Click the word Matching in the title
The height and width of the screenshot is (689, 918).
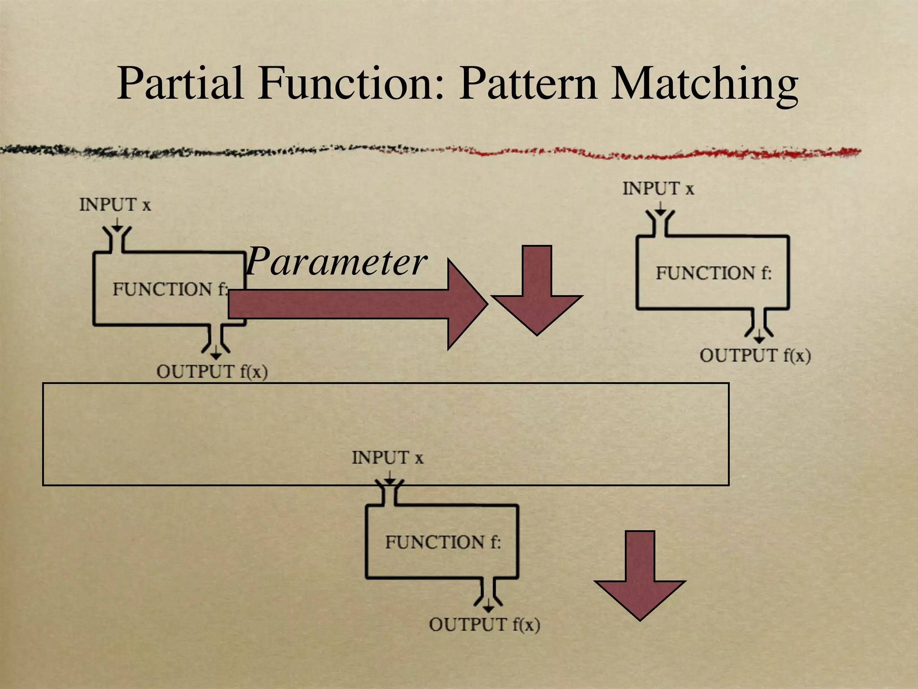pos(704,84)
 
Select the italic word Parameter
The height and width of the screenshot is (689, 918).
pos(336,262)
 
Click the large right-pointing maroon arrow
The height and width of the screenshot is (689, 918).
pos(359,304)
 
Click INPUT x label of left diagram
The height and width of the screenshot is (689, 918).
pos(115,205)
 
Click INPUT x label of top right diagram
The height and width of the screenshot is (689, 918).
pos(658,188)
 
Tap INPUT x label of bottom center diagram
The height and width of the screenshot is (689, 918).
pos(387,458)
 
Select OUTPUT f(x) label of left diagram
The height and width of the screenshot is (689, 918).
pos(212,372)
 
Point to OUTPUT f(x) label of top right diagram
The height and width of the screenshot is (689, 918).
pos(755,356)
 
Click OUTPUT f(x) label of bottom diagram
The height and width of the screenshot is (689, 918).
pos(484,625)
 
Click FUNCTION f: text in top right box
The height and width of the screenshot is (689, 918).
pos(714,273)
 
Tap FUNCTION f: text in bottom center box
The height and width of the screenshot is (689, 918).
pos(442,542)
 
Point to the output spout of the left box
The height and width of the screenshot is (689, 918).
pos(216,340)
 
